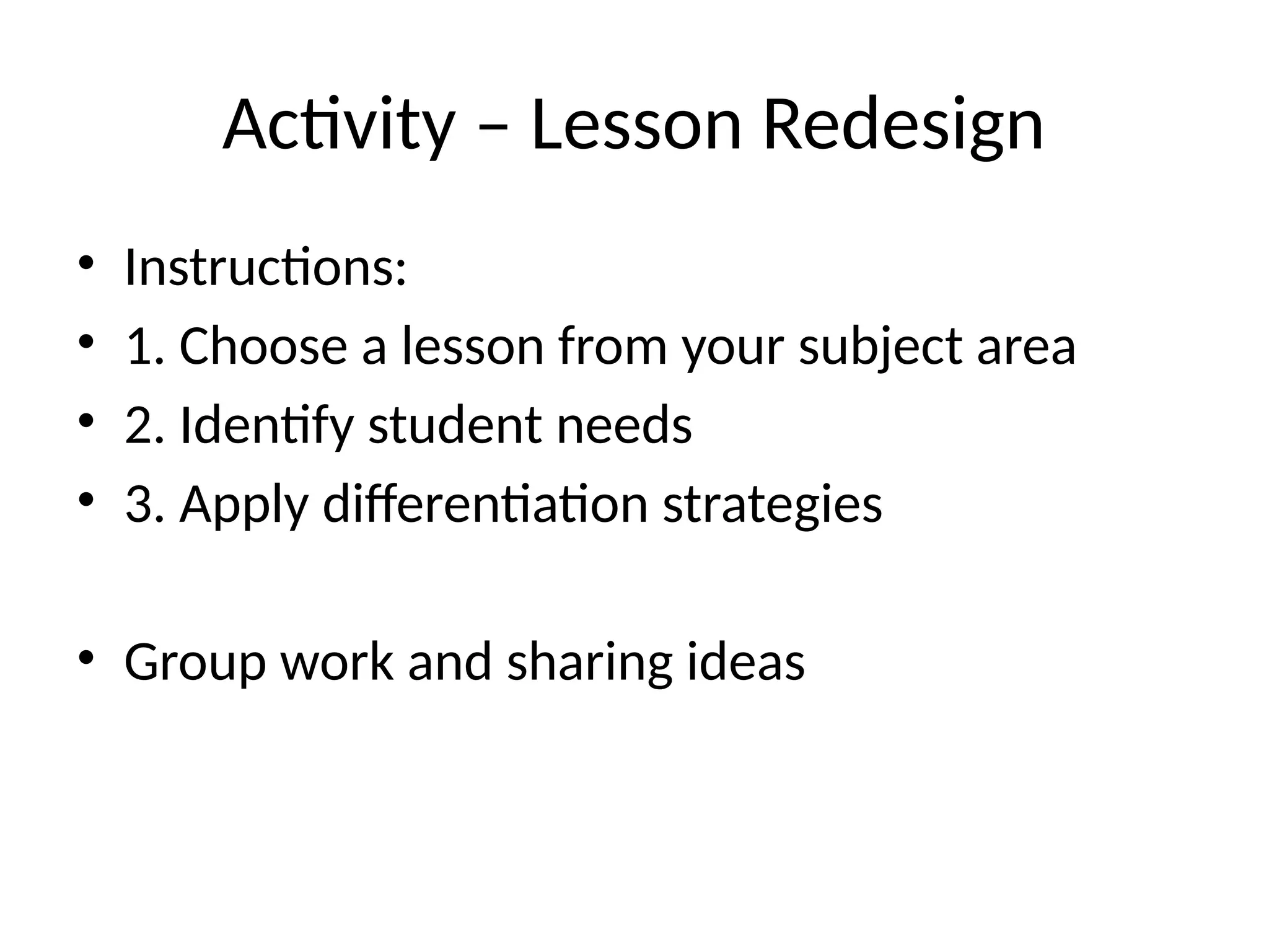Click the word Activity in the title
pyautogui.click(x=338, y=126)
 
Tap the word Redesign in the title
pyautogui.click(x=903, y=126)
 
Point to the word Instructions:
pyautogui.click(x=265, y=268)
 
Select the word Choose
pyautogui.click(x=263, y=346)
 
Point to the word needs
pyautogui.click(x=624, y=426)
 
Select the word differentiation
pyautogui.click(x=486, y=505)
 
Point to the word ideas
pyautogui.click(x=746, y=662)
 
